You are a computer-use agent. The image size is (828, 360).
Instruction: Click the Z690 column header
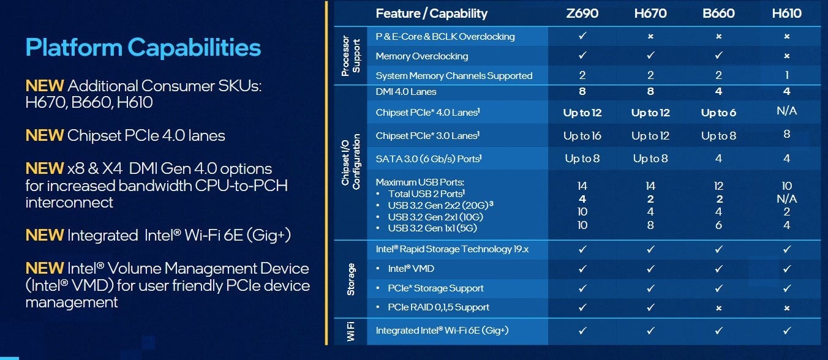(582, 13)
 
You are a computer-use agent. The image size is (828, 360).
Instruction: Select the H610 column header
(786, 13)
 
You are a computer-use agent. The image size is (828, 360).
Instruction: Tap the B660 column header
(718, 13)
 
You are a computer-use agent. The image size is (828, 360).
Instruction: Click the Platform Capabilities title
(143, 47)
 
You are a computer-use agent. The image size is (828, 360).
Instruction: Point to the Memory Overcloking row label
(421, 56)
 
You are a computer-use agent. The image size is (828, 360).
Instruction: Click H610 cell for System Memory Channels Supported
(787, 75)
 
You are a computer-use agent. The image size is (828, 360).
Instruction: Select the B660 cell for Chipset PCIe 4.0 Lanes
(718, 113)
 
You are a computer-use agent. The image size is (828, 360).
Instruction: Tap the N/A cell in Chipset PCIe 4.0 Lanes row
(787, 111)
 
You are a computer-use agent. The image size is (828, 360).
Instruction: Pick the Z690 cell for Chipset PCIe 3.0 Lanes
(582, 136)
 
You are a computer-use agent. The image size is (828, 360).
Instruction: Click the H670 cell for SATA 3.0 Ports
(650, 159)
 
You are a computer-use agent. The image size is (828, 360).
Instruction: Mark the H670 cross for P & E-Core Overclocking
(650, 37)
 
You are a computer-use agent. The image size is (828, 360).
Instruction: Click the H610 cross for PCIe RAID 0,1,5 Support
(787, 307)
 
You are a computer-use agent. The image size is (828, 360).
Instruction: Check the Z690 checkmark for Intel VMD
(582, 269)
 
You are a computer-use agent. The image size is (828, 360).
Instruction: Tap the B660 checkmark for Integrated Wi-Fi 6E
(718, 331)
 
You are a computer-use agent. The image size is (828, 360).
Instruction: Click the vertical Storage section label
(351, 279)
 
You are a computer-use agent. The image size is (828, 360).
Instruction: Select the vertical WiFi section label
(351, 331)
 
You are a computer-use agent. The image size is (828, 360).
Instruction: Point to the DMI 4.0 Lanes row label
(406, 92)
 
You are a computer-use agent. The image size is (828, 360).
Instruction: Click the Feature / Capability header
(431, 13)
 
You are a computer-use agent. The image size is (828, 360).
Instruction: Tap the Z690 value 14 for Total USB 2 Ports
(582, 186)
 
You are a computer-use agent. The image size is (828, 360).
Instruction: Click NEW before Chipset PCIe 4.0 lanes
(45, 135)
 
